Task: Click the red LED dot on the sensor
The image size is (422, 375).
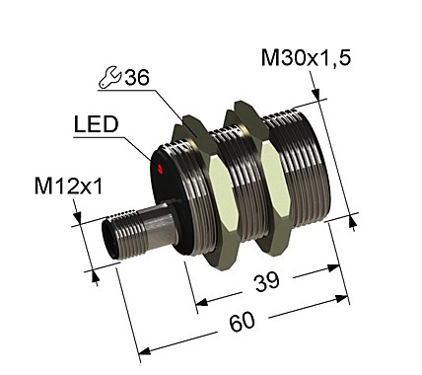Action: click(161, 171)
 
